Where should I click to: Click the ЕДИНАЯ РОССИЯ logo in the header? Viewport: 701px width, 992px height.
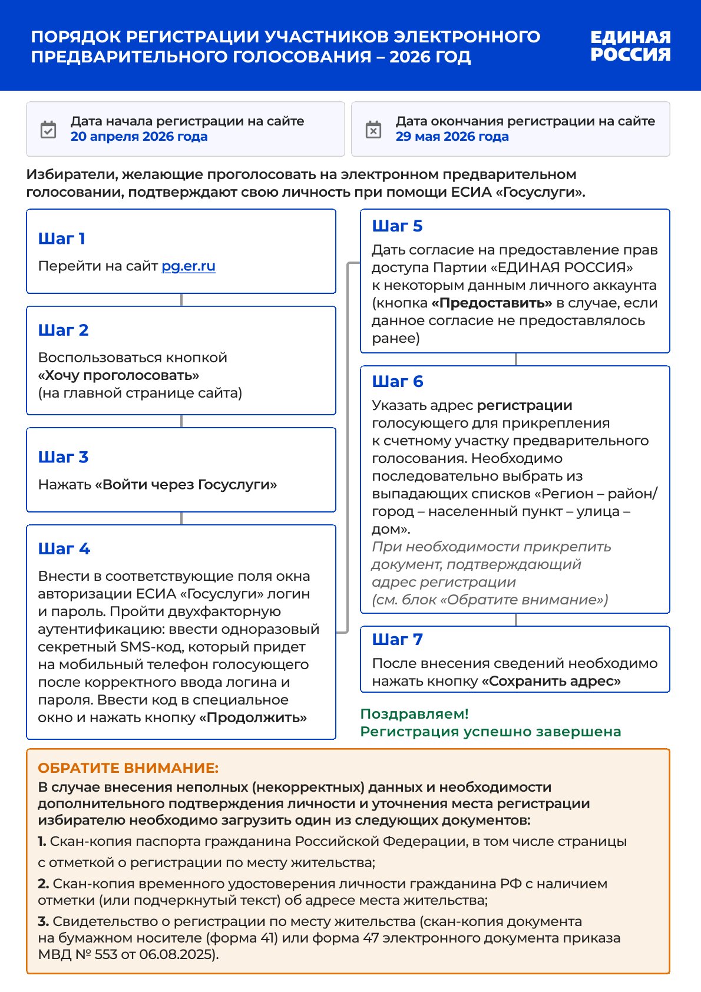tap(630, 46)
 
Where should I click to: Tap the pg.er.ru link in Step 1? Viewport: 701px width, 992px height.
tap(189, 266)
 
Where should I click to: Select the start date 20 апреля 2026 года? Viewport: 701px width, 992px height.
tap(139, 137)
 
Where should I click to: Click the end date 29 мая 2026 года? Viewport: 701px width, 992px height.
tap(452, 137)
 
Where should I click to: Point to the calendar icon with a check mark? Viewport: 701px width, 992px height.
tap(48, 130)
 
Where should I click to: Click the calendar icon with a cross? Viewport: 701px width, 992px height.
tap(373, 130)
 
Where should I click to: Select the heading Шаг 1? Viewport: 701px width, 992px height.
tap(62, 239)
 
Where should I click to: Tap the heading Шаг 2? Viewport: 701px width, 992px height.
tap(63, 330)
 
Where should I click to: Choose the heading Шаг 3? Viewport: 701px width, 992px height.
tap(63, 457)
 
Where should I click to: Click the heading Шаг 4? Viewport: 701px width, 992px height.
tap(64, 549)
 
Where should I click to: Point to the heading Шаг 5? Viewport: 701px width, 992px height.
tap(397, 226)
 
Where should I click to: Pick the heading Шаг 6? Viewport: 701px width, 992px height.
tap(398, 382)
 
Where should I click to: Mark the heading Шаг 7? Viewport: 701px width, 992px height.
tap(397, 640)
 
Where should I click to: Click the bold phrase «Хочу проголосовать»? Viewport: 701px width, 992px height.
tap(118, 375)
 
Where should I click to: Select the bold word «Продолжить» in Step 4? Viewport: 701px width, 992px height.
tap(253, 717)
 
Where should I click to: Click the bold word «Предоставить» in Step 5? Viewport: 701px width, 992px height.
tap(491, 303)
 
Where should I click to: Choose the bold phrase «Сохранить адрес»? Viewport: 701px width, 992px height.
tap(551, 681)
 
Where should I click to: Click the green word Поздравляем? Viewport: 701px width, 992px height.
tap(414, 714)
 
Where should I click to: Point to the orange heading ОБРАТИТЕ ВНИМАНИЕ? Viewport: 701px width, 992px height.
tap(128, 768)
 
